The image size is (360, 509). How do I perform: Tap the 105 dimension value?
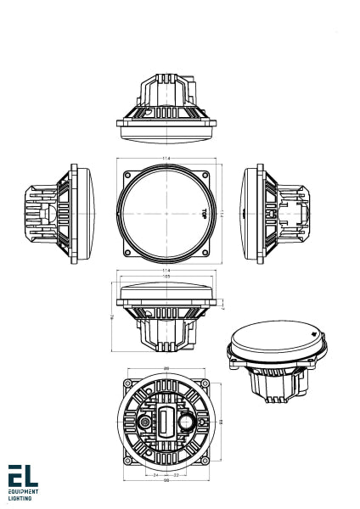[x=166, y=277]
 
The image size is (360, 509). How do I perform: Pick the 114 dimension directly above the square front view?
[x=166, y=158]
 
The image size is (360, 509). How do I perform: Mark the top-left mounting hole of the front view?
[x=127, y=169]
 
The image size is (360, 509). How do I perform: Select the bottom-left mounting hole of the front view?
[x=127, y=251]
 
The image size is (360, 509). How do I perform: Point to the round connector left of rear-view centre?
[x=147, y=422]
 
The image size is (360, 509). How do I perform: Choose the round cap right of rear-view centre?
[x=185, y=421]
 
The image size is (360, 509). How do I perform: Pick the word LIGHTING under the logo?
[x=20, y=499]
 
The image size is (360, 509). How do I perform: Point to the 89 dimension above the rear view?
[x=166, y=367]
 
